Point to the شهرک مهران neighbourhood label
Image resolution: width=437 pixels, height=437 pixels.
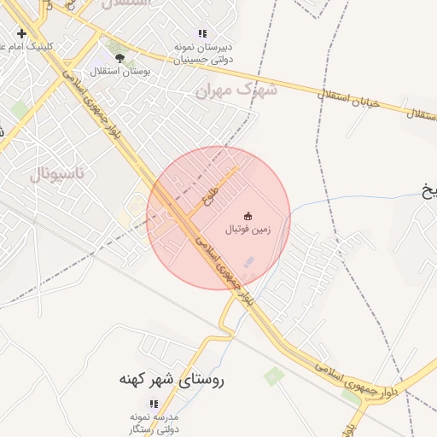point(237,89)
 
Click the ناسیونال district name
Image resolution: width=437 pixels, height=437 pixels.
point(58,174)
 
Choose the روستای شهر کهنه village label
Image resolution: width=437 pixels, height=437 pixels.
point(170,379)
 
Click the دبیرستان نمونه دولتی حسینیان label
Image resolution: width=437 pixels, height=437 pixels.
point(204,53)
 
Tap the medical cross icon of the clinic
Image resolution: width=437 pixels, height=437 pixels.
point(20,33)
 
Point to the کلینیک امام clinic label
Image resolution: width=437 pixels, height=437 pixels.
point(24,46)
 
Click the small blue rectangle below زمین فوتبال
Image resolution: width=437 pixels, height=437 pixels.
point(249,262)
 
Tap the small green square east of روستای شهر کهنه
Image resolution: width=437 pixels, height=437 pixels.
point(274,375)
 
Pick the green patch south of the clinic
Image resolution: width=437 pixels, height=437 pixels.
point(20,109)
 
